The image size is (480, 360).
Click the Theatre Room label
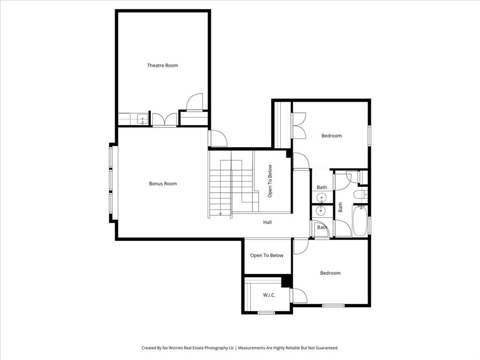pos(163,66)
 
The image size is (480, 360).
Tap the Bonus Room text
pos(163,184)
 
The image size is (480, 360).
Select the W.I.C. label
pos(269,295)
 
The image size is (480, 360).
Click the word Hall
pos(267,222)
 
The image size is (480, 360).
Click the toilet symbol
pos(360,195)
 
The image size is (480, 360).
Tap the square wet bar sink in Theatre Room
pos(142,119)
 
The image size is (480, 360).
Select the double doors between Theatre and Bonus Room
pos(165,120)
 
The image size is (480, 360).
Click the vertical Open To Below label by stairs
pos(270,181)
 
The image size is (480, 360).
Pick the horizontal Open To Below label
pos(267,255)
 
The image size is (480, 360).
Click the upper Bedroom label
pos(331,136)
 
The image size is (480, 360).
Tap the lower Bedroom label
pos(330,273)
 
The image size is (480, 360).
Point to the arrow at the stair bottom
pos(220,214)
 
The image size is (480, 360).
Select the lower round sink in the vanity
pos(322,211)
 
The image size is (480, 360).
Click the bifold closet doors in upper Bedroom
pos(298,126)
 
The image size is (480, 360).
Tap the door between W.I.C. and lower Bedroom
pos(297,296)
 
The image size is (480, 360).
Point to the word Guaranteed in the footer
pos(326,348)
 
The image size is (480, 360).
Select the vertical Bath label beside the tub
pos(341,207)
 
